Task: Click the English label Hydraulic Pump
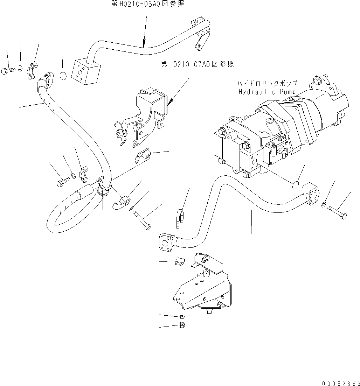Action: click(267, 92)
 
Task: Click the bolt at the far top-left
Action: click(9, 71)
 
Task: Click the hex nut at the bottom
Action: click(182, 325)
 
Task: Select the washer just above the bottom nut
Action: click(182, 317)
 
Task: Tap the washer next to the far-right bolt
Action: click(324, 204)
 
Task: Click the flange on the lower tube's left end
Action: click(165, 241)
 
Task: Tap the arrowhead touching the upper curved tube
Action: click(144, 44)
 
